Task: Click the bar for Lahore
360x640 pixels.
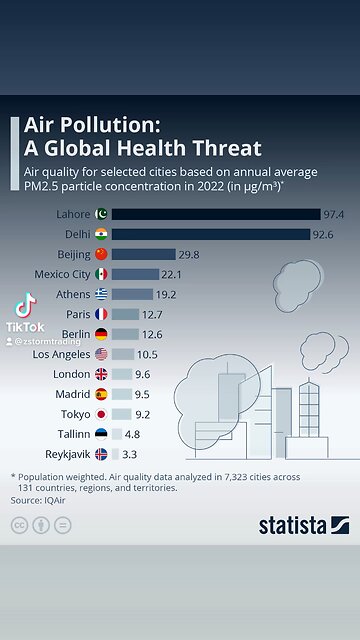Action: click(x=215, y=214)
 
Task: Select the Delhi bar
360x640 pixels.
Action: click(x=210, y=234)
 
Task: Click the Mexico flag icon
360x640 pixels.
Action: click(x=101, y=274)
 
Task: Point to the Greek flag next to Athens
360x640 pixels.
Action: click(x=101, y=294)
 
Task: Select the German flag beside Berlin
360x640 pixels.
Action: click(x=101, y=334)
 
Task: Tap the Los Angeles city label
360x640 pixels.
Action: click(x=61, y=354)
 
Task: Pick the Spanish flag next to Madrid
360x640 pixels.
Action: click(x=101, y=394)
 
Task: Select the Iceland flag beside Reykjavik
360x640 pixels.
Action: click(x=101, y=454)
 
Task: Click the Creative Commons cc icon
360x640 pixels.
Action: click(x=19, y=525)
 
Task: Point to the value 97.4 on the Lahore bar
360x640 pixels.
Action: click(x=334, y=214)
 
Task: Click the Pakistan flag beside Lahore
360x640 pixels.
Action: click(x=101, y=214)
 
